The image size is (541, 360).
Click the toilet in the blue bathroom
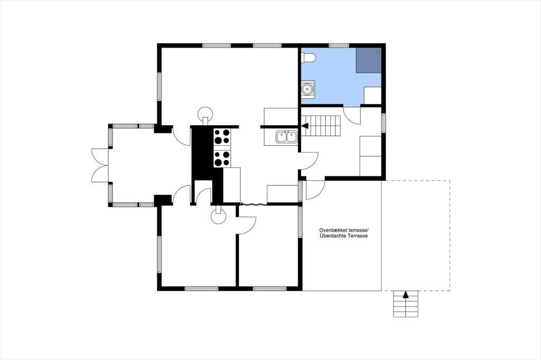(308, 58)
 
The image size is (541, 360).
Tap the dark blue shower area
(368, 60)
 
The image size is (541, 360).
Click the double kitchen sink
(287, 137)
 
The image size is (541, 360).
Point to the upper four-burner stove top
(222, 137)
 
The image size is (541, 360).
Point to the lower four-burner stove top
(222, 159)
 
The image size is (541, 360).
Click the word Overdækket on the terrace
(333, 230)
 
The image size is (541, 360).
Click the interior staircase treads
(324, 126)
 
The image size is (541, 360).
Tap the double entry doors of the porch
(100, 165)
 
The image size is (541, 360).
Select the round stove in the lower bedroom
(219, 216)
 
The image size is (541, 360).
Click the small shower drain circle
(378, 52)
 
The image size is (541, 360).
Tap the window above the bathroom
(339, 45)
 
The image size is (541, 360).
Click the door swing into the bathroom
(352, 116)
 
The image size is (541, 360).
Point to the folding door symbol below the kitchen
(254, 204)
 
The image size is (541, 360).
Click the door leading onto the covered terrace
(315, 190)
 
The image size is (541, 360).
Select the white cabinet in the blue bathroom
(372, 95)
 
